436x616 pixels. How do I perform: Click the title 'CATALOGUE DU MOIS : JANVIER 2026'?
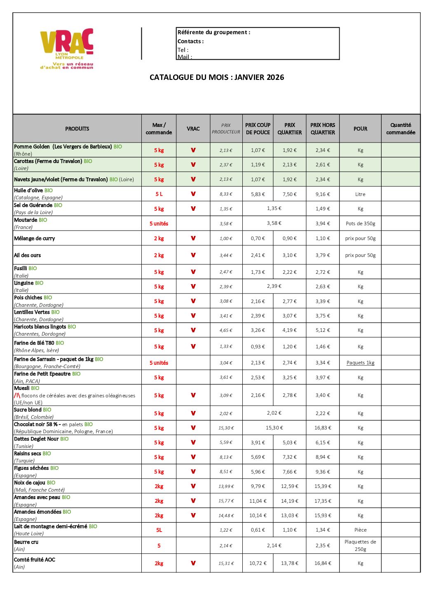point(217,77)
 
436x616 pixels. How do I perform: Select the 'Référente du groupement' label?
point(214,32)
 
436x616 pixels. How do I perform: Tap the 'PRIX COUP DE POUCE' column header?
point(258,128)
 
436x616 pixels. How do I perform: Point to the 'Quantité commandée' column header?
point(401,128)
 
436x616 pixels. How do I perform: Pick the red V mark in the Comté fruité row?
point(193,563)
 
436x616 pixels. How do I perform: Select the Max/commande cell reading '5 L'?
point(159,194)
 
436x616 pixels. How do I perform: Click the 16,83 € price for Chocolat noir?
point(323,428)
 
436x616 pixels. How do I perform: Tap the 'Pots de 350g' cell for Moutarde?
point(360,224)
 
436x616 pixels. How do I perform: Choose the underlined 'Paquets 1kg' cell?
point(360,363)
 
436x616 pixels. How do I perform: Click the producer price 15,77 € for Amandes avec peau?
point(226,501)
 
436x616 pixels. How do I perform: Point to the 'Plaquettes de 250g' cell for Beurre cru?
point(360,546)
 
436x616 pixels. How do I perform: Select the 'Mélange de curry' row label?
point(34,238)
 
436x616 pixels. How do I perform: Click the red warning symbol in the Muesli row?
point(17,395)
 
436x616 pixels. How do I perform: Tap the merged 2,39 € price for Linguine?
point(274,286)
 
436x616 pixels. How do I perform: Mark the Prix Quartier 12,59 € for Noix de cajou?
point(289,486)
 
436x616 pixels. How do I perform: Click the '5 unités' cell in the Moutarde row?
point(159,224)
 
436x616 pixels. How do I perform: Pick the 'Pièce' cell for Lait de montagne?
point(360,530)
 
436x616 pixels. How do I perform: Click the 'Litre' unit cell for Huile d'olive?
point(360,194)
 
